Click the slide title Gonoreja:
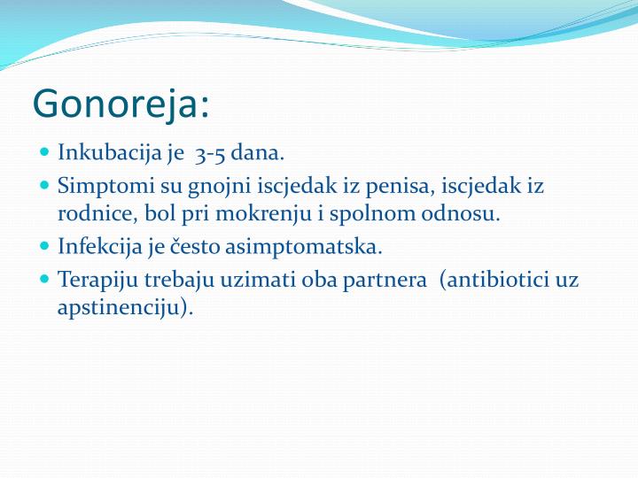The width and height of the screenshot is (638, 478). (x=121, y=104)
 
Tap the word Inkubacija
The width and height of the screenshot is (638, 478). (x=98, y=153)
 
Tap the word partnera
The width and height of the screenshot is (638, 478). (x=385, y=280)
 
